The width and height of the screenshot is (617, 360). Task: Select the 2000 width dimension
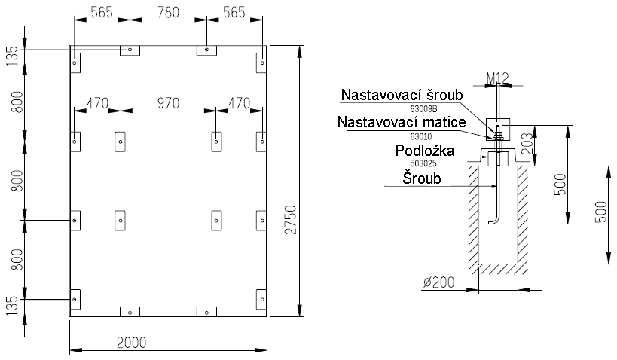coord(132,341)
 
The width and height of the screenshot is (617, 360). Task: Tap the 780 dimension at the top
coord(168,12)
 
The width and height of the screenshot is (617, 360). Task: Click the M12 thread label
coord(498,78)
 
